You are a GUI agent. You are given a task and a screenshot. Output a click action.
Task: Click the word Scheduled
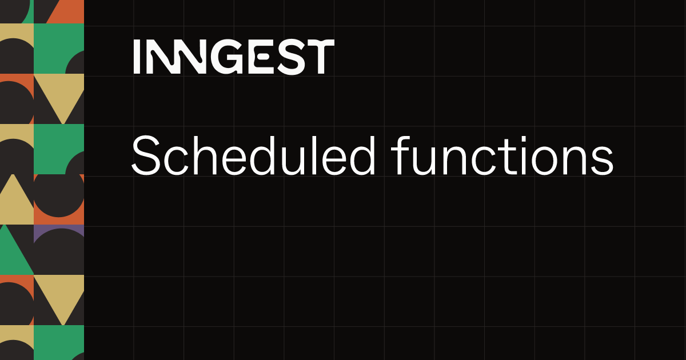(254, 155)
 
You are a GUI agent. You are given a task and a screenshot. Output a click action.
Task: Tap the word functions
(502, 155)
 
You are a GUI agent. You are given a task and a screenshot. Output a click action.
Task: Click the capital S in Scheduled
(146, 156)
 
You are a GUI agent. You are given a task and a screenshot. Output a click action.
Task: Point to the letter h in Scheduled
(205, 155)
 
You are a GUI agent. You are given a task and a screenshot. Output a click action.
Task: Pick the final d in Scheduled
(362, 156)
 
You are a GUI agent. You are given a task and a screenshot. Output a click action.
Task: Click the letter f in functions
(400, 155)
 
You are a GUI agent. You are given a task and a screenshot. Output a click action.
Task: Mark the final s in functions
(601, 161)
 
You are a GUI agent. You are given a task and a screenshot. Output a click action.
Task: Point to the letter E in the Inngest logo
(260, 57)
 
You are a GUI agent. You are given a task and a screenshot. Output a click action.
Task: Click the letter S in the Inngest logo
(293, 57)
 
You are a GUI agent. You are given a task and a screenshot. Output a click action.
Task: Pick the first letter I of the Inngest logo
(137, 57)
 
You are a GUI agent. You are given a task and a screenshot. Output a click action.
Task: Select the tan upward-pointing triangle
(15, 202)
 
